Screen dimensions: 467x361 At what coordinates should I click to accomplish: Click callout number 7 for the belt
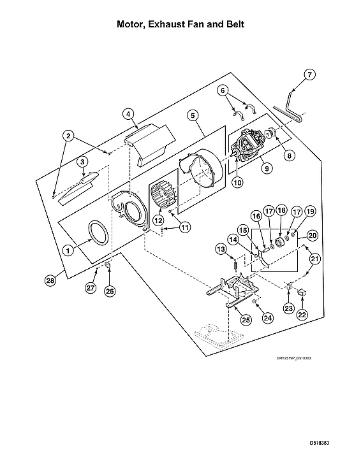(310, 75)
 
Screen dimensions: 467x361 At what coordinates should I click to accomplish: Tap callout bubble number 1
(66, 251)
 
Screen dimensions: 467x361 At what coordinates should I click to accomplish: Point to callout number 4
(129, 114)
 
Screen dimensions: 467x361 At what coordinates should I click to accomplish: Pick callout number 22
(302, 314)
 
